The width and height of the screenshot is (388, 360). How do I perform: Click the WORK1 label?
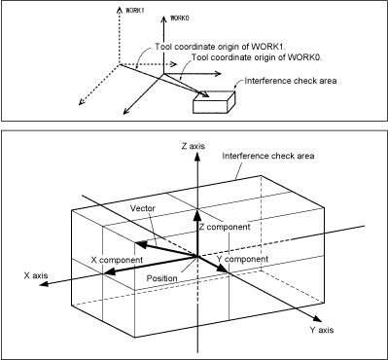[x=134, y=10]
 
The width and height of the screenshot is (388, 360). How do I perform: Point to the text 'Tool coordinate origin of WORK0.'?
[x=256, y=57]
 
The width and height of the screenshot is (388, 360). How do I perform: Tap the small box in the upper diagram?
[x=214, y=102]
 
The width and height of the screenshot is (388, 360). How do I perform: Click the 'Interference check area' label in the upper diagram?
[x=291, y=81]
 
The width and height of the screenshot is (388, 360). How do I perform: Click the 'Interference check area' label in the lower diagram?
[x=268, y=156]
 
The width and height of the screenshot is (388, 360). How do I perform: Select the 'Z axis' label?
[x=194, y=146]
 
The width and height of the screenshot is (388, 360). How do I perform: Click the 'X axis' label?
[x=36, y=275]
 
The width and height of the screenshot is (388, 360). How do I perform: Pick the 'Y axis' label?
[x=322, y=330]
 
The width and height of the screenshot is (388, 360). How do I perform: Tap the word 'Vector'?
[x=143, y=208]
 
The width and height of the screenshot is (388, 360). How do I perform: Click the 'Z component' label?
[x=225, y=227]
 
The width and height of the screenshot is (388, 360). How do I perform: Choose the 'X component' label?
[x=117, y=260]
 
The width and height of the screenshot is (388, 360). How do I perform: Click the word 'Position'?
[x=162, y=278]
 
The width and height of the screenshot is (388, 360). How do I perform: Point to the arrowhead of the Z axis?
[x=196, y=157]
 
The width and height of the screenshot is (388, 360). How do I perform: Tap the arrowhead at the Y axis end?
[x=317, y=319]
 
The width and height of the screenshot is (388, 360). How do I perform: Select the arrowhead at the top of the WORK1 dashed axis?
[x=120, y=9]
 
